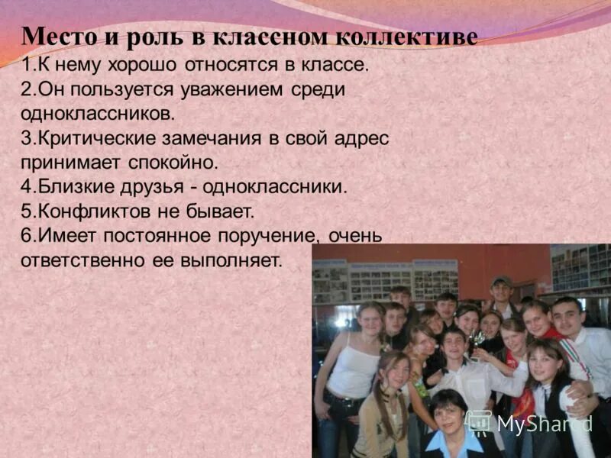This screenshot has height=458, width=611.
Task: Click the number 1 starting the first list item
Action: (26, 65)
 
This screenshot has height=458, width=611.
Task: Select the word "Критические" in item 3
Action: (92, 139)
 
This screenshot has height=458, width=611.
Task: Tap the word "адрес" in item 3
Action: (356, 139)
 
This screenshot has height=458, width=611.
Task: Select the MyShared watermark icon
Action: (478, 422)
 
